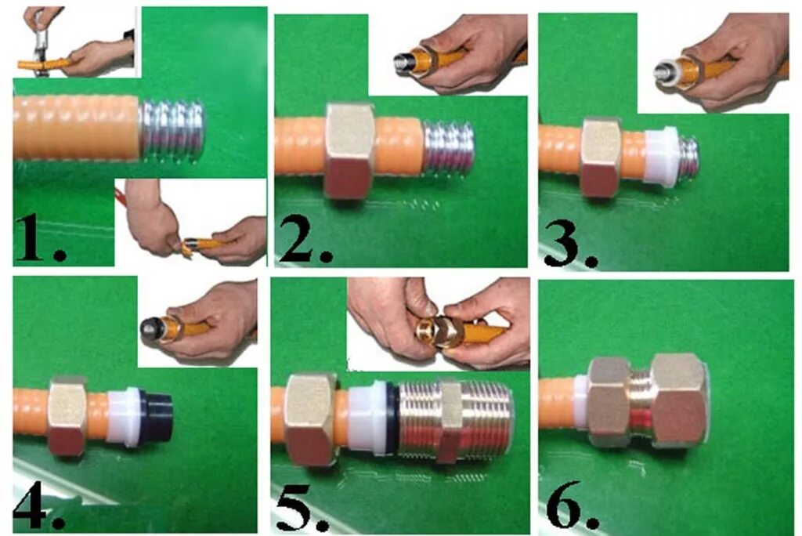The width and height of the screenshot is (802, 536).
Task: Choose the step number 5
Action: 303,507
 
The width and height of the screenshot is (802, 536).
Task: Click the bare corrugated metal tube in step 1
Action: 172,131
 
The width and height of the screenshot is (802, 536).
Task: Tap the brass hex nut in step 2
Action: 350,150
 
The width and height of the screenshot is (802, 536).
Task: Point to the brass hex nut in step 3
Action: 601,158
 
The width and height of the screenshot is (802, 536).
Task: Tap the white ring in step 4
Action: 123,416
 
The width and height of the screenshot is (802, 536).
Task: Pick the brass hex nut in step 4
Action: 67,416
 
